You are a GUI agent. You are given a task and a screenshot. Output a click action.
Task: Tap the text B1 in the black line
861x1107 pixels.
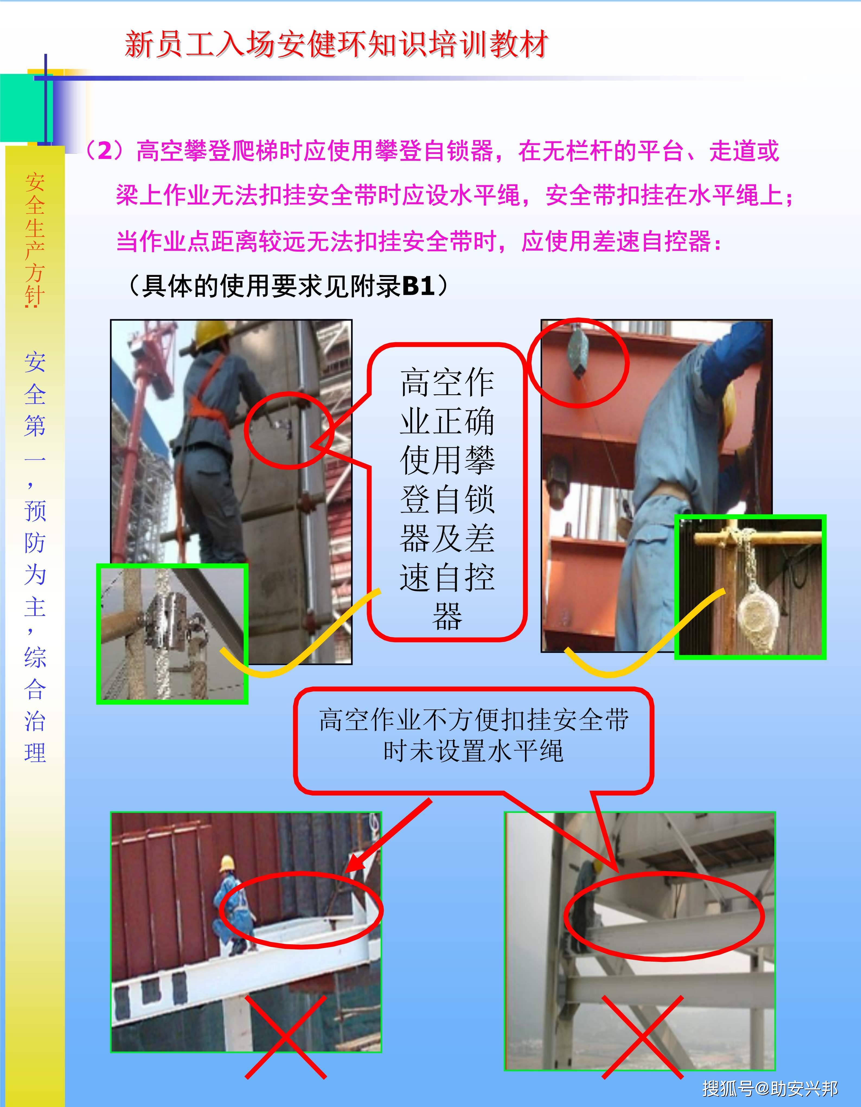419,286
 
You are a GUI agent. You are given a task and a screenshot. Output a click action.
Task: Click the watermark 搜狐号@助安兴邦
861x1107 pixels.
770,1087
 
